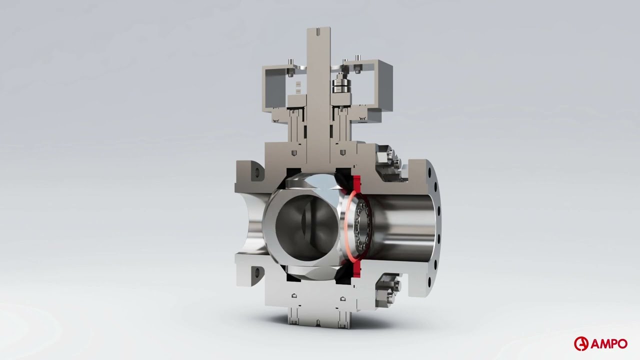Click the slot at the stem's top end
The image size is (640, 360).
[x=318, y=32]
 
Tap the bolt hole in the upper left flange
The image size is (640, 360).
[x=257, y=172]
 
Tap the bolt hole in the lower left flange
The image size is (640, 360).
[x=257, y=272]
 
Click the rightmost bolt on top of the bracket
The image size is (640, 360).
[x=358, y=58]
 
